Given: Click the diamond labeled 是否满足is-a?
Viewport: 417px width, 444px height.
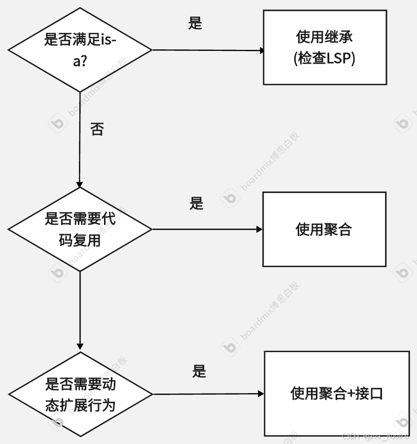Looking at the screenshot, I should (x=80, y=49).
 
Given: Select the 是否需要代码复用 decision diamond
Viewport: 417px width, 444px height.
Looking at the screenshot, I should (x=80, y=229).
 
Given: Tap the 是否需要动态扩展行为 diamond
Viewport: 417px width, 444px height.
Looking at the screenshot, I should (x=80, y=394).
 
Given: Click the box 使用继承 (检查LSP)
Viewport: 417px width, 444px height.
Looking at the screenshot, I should (x=324, y=48).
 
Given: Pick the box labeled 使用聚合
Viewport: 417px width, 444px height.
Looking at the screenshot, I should (x=324, y=229).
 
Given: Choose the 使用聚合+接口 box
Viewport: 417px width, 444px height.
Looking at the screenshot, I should (x=337, y=394).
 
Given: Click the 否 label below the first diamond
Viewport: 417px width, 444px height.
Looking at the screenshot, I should (x=97, y=129).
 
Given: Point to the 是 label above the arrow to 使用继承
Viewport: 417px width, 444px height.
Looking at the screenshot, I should (x=195, y=23).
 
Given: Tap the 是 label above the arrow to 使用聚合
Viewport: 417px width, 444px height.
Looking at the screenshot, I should (x=196, y=203).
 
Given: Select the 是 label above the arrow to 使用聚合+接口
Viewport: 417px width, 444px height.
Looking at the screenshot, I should (x=199, y=371).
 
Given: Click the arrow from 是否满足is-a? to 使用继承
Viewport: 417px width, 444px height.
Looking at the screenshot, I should (x=207, y=50).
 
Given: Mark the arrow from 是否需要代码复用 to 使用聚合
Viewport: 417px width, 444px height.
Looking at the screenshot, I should (x=207, y=229).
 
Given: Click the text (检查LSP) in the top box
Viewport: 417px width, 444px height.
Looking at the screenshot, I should (x=324, y=58).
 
